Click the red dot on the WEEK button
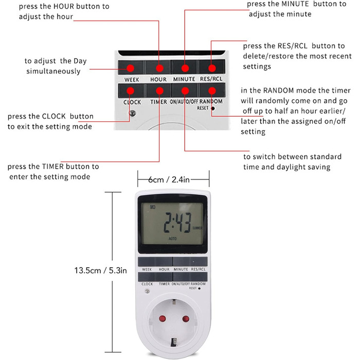tap(131, 67)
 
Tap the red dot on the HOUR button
tap(159, 67)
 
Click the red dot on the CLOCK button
tap(131, 91)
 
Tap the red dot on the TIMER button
tap(159, 91)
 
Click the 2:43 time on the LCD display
tap(174, 224)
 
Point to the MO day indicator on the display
tap(152, 207)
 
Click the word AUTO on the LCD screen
tap(173, 239)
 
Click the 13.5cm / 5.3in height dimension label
tap(100, 270)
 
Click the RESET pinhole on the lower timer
tap(199, 289)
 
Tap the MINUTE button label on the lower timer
tap(181, 269)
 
